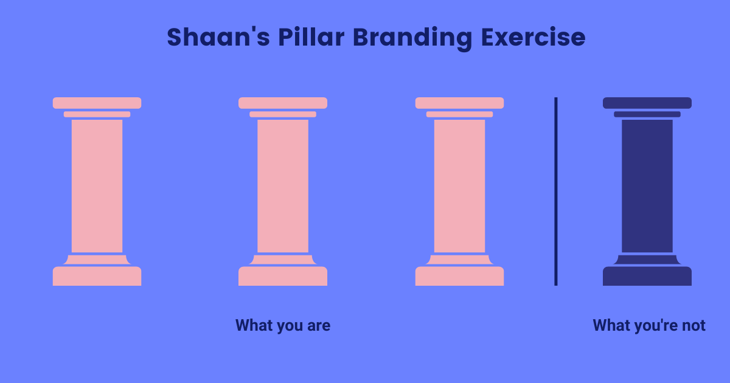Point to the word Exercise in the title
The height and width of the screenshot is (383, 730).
(x=533, y=38)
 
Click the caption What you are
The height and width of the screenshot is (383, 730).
(x=283, y=326)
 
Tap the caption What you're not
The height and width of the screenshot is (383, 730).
(x=649, y=326)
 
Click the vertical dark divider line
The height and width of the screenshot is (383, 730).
(x=555, y=191)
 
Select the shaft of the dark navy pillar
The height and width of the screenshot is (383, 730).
(x=647, y=185)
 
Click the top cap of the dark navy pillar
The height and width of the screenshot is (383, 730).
(x=647, y=103)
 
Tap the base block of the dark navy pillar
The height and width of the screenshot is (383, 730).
(x=647, y=276)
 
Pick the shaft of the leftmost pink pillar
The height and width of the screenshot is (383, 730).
(x=97, y=185)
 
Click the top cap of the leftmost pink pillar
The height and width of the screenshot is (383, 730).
(x=97, y=103)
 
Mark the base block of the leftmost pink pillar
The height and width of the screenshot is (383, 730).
(x=97, y=276)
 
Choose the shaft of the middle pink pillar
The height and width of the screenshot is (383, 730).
(x=283, y=185)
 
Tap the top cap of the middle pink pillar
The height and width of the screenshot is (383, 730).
(x=283, y=103)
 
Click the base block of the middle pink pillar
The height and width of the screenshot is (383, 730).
(x=283, y=276)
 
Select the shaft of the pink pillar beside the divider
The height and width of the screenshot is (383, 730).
(x=459, y=185)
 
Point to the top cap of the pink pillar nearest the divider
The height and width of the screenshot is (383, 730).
(x=459, y=103)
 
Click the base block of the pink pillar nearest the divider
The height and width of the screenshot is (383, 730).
(x=459, y=276)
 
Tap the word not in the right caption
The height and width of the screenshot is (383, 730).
(x=693, y=326)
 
